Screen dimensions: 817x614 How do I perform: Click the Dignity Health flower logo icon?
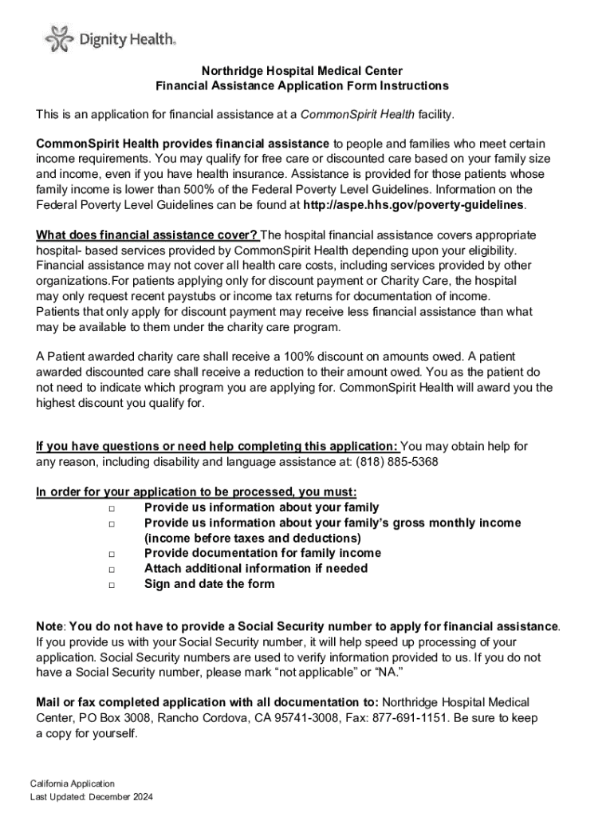click(x=57, y=37)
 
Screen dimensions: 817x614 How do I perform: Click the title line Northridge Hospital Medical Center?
click(x=301, y=70)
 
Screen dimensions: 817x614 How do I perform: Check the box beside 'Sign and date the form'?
click(x=111, y=584)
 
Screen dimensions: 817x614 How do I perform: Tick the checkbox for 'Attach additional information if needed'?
click(x=111, y=569)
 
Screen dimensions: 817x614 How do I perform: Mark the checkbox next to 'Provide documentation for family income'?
click(x=111, y=554)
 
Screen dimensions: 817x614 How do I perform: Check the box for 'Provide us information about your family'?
click(x=111, y=508)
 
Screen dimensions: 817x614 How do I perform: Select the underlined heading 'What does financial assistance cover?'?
click(x=147, y=235)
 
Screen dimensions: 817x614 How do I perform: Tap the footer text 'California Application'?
click(x=73, y=783)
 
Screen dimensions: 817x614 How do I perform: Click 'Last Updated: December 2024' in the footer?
click(x=91, y=797)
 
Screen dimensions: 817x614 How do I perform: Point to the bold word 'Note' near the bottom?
click(x=49, y=626)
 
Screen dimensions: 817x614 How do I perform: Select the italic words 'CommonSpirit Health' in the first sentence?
click(x=356, y=115)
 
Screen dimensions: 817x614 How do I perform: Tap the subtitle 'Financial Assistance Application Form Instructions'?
click(x=301, y=85)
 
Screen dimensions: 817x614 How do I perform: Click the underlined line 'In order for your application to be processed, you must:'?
click(x=196, y=492)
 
